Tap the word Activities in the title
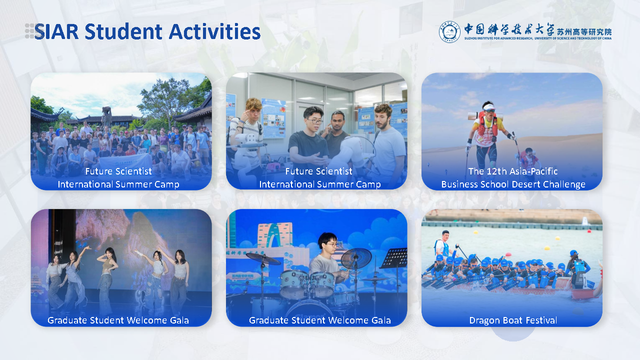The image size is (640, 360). point(214,31)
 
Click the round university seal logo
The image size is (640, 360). point(449,31)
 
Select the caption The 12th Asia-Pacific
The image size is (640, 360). point(513,171)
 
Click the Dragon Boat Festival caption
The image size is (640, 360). point(513,320)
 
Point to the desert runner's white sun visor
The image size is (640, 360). point(488,106)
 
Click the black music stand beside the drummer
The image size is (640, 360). point(393,258)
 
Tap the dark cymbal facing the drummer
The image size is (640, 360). point(356,258)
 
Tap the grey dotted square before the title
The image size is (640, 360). point(29,31)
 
